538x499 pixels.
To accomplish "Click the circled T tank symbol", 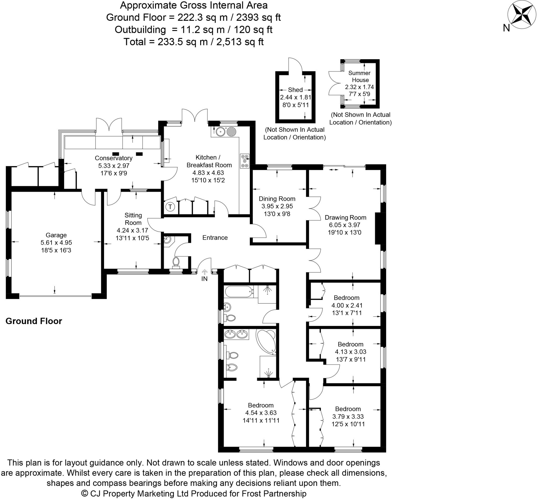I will coord(170,207).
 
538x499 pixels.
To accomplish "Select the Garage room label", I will coord(56,235).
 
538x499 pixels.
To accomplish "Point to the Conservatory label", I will coord(113,158).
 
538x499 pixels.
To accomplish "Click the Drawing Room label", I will coord(345,217).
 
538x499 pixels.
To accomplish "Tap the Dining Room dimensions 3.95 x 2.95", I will coord(277,206).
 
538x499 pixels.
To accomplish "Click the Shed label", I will coord(295,90).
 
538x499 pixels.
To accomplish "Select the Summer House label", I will coord(360,77).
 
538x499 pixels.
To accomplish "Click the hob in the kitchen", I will coord(245,161).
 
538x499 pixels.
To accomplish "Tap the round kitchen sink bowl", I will coord(221,132).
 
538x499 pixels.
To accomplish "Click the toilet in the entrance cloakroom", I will coord(176,262).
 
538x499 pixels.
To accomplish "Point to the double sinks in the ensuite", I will coord(236,335).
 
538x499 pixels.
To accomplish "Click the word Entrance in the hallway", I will coord(215,238).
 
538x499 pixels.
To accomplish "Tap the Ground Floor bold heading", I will coord(34,321).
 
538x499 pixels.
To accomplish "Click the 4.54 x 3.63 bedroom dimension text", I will coord(261,413).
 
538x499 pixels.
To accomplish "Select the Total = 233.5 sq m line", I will coord(193,42).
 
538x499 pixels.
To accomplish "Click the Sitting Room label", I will coord(133,219).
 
